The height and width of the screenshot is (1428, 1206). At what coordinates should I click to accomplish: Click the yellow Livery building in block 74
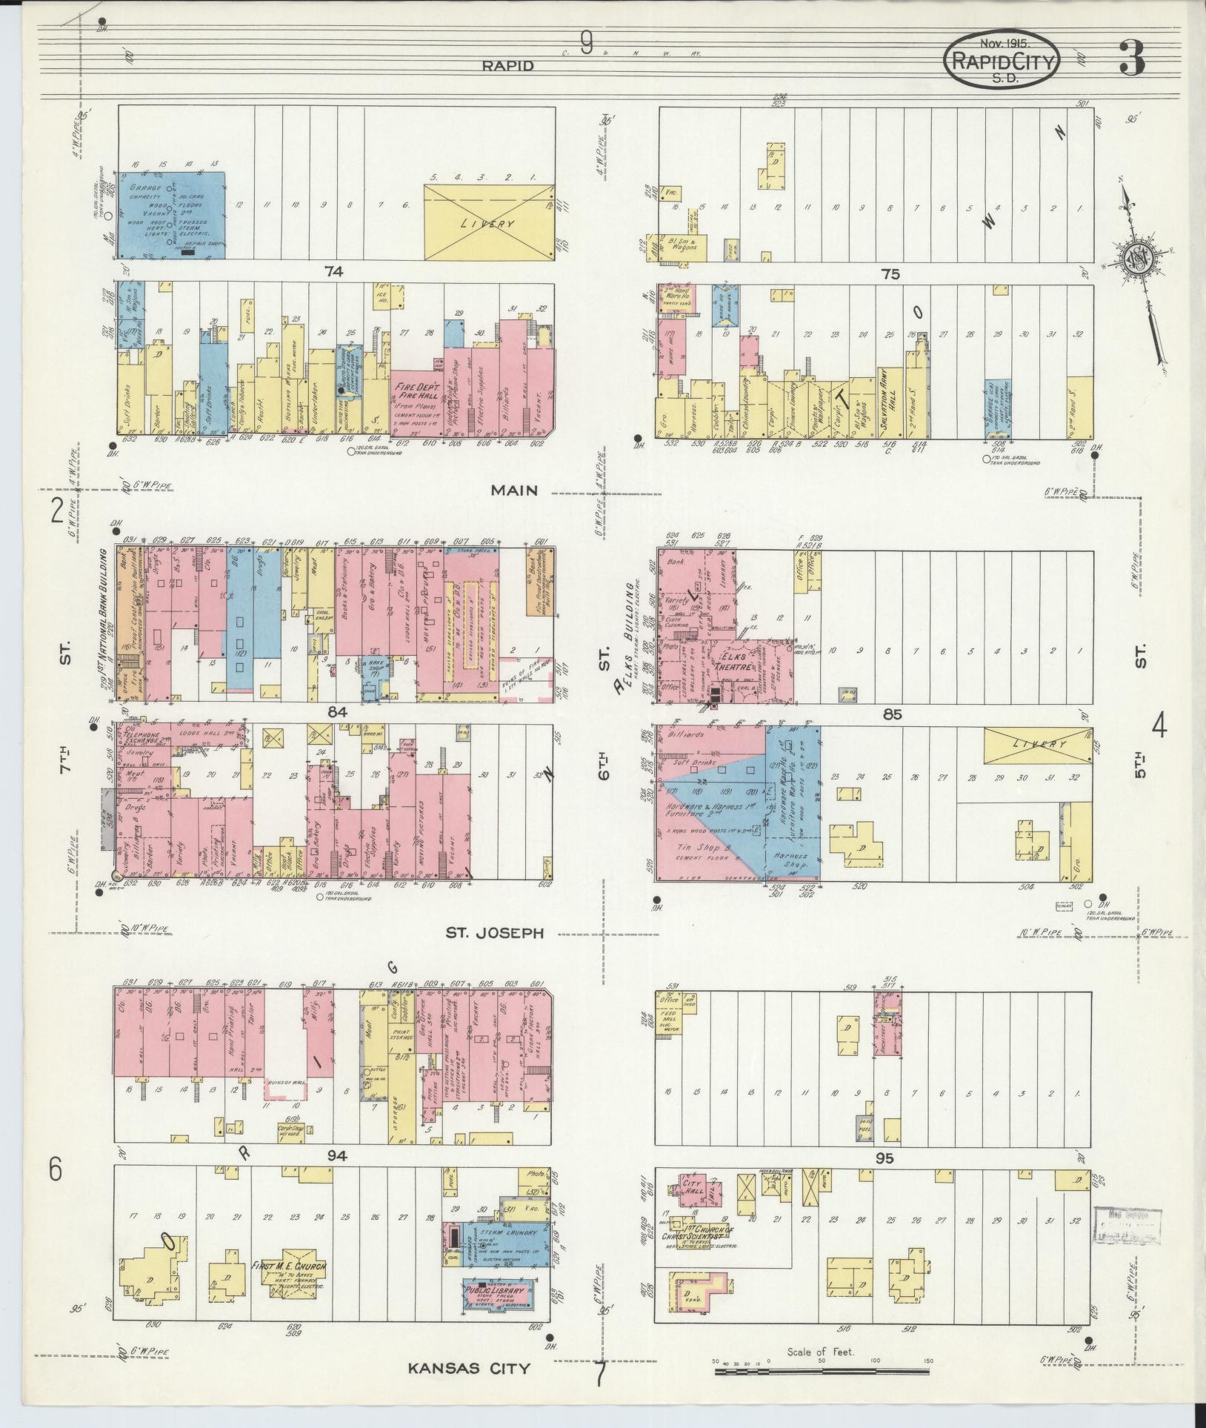489,222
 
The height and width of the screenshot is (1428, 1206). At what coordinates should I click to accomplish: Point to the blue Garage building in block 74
173,215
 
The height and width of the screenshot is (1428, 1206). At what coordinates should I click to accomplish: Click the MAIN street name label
511,490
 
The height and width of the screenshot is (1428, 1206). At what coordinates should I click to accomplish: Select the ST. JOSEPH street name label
494,932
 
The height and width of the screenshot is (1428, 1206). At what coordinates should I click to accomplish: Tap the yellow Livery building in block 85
1037,746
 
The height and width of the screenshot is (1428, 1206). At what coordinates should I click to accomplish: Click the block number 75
890,274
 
